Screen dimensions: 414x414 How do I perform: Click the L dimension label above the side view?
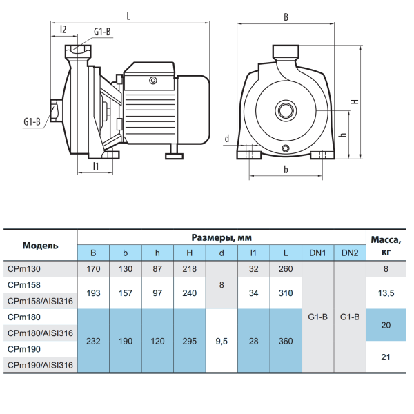pos(128,17)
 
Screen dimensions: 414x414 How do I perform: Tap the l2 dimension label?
pos(63,29)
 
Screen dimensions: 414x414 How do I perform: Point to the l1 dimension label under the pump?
pos(96,166)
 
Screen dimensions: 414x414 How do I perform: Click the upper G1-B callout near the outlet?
pos(102,32)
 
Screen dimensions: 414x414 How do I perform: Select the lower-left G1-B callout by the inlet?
pos(32,121)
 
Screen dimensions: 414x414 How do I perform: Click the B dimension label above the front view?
pos(286,17)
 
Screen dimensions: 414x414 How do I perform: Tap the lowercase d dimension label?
pos(227,139)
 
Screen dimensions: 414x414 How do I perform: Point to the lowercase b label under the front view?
pos(286,170)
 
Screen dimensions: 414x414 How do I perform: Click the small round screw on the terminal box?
pos(153,81)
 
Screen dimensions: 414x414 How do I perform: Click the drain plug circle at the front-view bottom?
pos(286,148)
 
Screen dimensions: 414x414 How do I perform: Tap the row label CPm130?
pos(24,269)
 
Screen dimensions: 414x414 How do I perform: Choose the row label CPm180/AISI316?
pos(40,333)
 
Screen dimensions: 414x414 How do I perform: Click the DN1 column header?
pos(317,253)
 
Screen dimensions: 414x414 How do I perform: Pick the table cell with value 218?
pos(190,269)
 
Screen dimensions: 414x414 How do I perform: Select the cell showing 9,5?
pos(221,341)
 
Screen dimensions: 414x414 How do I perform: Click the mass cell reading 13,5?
pos(386,293)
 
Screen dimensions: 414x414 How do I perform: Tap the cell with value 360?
pos(286,341)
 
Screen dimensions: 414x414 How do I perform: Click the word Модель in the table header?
pos(41,246)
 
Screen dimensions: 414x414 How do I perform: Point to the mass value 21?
pos(386,357)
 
